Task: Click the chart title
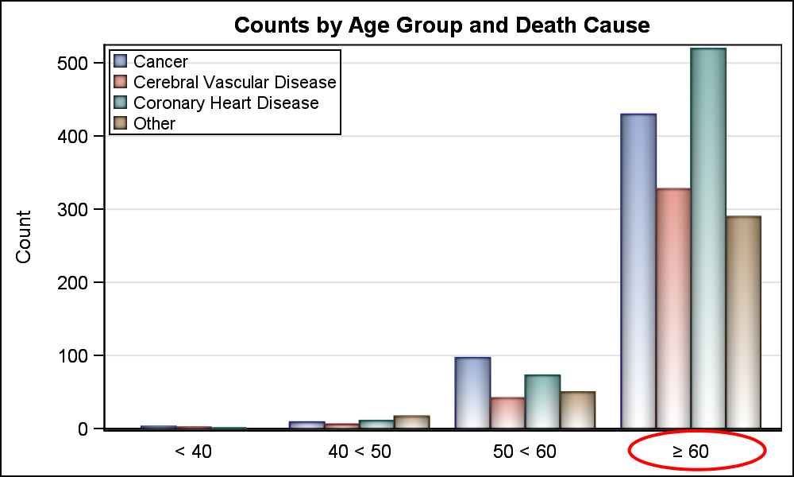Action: [x=441, y=25]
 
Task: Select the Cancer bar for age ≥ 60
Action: [x=638, y=270]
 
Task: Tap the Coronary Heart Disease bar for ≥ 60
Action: [x=708, y=238]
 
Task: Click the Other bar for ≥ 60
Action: [x=743, y=322]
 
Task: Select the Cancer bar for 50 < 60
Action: [x=472, y=393]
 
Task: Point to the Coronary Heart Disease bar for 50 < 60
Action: [x=542, y=401]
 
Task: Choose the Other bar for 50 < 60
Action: [x=577, y=409]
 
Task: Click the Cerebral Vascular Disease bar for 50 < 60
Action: [x=507, y=413]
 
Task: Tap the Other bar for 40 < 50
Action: [x=412, y=421]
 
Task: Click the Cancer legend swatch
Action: [x=121, y=61]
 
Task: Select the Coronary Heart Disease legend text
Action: [x=225, y=103]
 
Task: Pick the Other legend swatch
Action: [x=121, y=123]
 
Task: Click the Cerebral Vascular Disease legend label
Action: [x=235, y=83]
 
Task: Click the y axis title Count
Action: [x=24, y=237]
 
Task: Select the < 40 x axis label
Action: [x=193, y=452]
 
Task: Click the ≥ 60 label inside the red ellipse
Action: [x=691, y=452]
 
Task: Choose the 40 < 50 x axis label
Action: [x=360, y=452]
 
